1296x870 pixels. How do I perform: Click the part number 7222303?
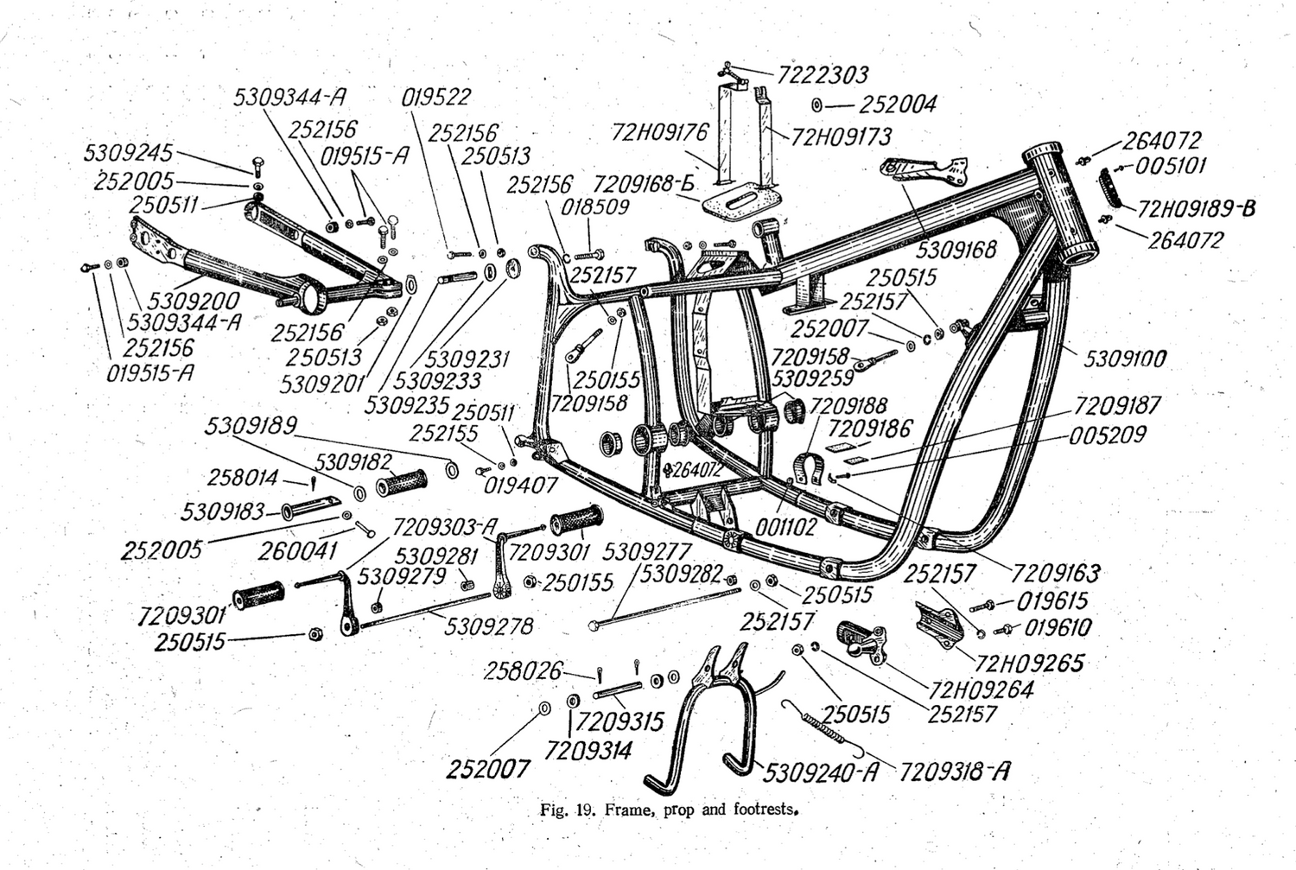pyautogui.click(x=823, y=75)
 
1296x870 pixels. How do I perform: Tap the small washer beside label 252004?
pyautogui.click(x=816, y=105)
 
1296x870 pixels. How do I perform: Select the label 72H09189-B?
pyautogui.click(x=1196, y=209)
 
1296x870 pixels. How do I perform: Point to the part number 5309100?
pyautogui.click(x=1125, y=358)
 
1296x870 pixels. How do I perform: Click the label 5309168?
pyautogui.click(x=956, y=250)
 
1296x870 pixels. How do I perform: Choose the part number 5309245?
pyautogui.click(x=128, y=154)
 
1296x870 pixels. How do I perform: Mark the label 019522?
pyautogui.click(x=436, y=98)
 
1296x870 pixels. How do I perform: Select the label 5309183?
pyautogui.click(x=223, y=511)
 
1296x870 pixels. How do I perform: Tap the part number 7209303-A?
pyautogui.click(x=446, y=527)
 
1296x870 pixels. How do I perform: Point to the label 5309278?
pyautogui.click(x=489, y=626)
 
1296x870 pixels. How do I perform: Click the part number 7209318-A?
pyautogui.click(x=955, y=771)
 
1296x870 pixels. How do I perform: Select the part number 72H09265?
pyautogui.click(x=1030, y=663)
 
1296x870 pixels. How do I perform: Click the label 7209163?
pyautogui.click(x=1056, y=573)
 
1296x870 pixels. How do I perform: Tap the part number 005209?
pyautogui.click(x=1108, y=435)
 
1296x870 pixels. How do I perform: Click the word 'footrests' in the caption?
pyautogui.click(x=761, y=810)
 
